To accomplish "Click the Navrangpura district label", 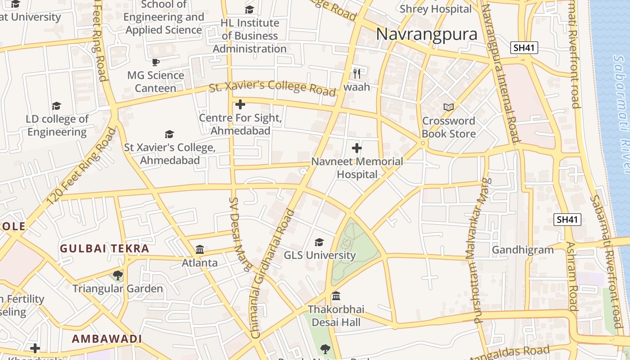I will [427, 34].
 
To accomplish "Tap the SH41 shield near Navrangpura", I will [524, 48].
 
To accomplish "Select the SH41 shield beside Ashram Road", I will [567, 220].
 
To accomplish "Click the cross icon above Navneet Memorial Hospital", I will [357, 148].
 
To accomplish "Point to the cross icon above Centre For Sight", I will [240, 104].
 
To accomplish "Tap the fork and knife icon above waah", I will [357, 73].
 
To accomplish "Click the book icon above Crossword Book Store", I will [448, 107].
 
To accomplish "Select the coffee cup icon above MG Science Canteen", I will [155, 62].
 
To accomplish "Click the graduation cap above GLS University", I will [319, 242].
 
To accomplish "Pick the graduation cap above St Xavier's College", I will [169, 134].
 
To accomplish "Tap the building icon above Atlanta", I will [200, 249].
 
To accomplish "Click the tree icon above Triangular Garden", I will [118, 275].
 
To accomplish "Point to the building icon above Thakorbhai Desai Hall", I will [336, 296].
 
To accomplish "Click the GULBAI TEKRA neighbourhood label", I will [104, 248].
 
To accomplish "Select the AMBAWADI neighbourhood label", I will [107, 338].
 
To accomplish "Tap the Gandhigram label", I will [523, 250].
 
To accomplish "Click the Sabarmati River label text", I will [621, 112].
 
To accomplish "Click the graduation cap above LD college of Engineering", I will [56, 106].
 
